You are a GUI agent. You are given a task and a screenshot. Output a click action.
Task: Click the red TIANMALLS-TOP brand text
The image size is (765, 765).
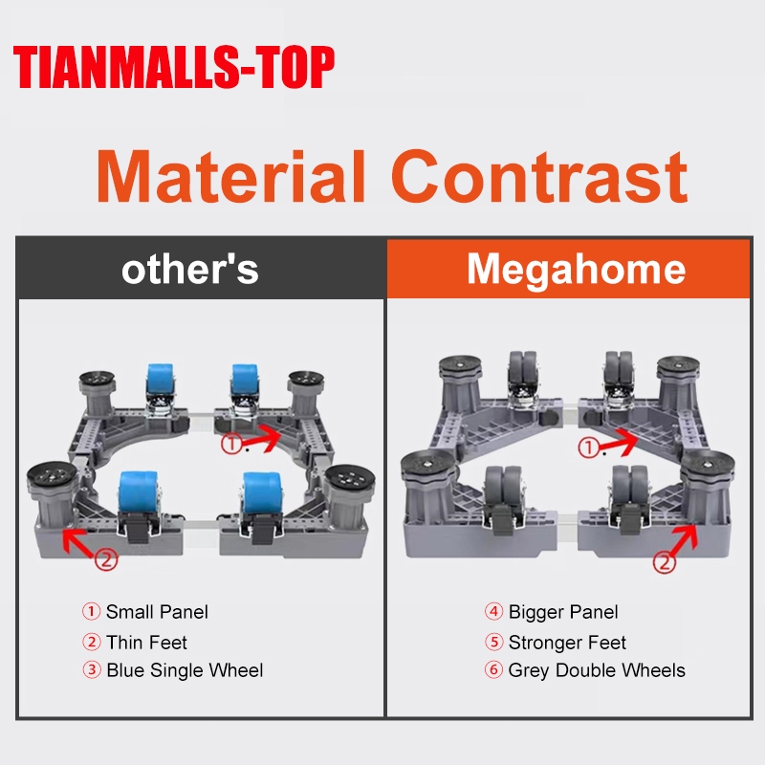tap(174, 66)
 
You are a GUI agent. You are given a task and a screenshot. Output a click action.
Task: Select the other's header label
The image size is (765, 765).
tap(189, 270)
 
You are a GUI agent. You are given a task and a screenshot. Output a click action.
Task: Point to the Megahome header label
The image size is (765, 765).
tap(577, 270)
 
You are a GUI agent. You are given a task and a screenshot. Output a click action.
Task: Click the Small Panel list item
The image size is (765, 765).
tap(157, 612)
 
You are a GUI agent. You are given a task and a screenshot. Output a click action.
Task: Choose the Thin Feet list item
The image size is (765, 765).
tap(146, 642)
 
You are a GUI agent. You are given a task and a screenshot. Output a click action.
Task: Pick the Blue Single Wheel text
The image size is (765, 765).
tap(185, 670)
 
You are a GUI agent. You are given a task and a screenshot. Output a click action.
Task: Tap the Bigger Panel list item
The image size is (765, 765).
tap(563, 612)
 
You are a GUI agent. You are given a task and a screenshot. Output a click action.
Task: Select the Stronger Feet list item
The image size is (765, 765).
tap(567, 642)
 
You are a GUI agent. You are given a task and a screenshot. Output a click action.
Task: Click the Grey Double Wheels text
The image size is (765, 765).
tap(597, 670)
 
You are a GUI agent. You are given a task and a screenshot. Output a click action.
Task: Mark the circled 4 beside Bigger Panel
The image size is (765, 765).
tap(493, 611)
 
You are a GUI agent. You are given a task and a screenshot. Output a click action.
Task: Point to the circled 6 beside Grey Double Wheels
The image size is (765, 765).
tap(493, 669)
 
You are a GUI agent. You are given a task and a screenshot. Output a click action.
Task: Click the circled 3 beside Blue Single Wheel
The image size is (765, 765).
tap(91, 669)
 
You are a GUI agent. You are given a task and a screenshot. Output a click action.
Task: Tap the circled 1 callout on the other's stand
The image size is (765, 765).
tap(231, 444)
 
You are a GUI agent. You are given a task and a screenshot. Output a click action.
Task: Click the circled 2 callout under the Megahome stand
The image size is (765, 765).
tap(664, 563)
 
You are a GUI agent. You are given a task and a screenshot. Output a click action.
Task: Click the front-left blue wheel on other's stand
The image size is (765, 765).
tap(138, 492)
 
